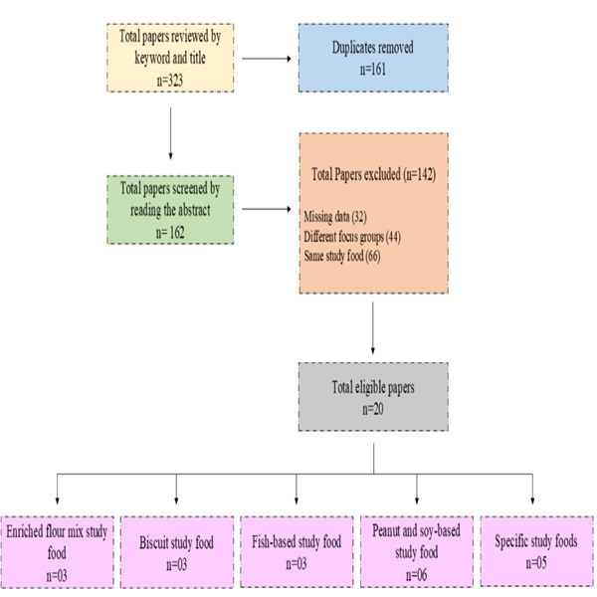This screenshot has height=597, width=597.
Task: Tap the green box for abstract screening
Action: pyautogui.click(x=170, y=209)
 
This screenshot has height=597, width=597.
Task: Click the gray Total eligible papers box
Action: pyautogui.click(x=372, y=395)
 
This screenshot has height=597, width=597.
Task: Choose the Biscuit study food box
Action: pyautogui.click(x=176, y=551)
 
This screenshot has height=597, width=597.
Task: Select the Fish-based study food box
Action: pyautogui.click(x=296, y=551)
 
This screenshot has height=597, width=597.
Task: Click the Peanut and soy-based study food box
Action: pyautogui.click(x=416, y=551)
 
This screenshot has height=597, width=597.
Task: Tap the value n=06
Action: pyautogui.click(x=416, y=574)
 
